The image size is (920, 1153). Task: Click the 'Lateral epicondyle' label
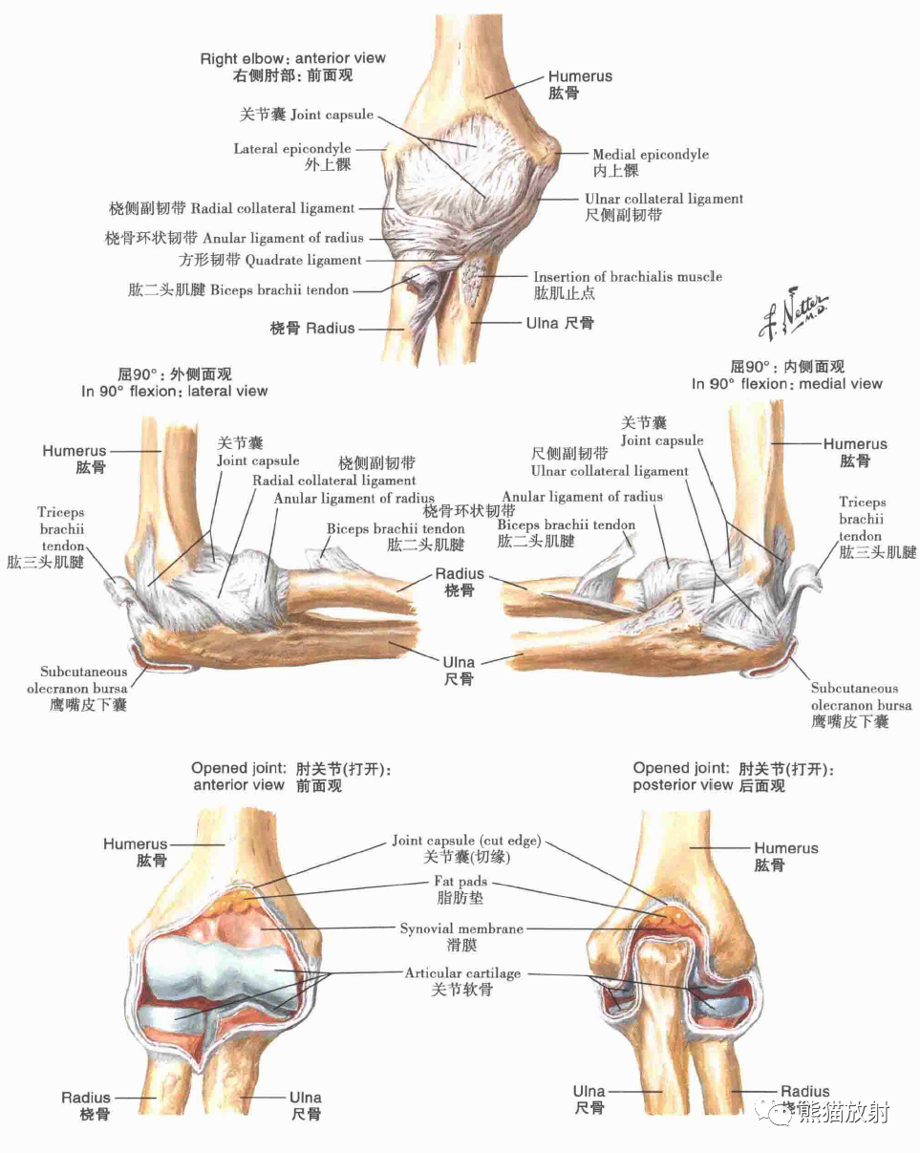(x=292, y=149)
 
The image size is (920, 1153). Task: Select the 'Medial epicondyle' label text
(x=651, y=154)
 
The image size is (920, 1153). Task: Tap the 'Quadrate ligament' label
(x=303, y=260)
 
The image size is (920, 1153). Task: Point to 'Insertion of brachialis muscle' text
(x=627, y=277)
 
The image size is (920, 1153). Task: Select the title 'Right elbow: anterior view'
(x=292, y=58)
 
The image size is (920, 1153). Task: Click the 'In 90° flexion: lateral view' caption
(x=174, y=391)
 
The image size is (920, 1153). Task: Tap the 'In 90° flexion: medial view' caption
(x=787, y=384)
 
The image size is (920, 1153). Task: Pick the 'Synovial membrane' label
(x=461, y=929)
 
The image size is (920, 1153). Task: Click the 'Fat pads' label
(x=461, y=882)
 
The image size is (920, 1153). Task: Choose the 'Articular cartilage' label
(x=462, y=973)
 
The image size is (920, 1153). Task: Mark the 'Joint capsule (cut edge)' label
(x=466, y=842)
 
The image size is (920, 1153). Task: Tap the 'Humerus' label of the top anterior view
(x=580, y=76)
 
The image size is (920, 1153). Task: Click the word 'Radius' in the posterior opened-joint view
(x=804, y=1091)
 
